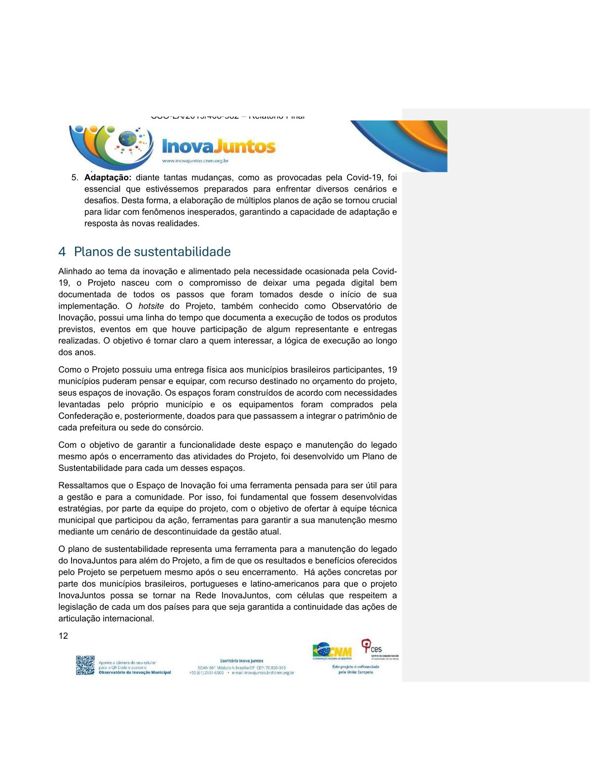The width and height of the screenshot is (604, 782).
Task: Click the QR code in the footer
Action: tap(85, 665)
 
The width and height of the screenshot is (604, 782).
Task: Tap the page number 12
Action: tap(63, 636)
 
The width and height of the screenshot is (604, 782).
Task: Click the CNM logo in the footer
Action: tap(332, 651)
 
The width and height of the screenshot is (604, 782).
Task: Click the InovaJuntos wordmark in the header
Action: tap(219, 147)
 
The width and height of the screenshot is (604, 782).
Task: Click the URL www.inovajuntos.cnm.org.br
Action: tap(195, 161)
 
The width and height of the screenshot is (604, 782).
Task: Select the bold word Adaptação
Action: tap(108, 178)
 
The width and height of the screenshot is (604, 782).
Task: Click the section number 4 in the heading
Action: tap(62, 252)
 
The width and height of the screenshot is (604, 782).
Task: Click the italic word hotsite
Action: tap(151, 306)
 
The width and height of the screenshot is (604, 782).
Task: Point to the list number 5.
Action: tap(75, 178)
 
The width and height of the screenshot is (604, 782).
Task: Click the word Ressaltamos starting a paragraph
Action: tap(83, 486)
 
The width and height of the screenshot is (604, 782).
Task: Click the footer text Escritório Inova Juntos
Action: tap(241, 661)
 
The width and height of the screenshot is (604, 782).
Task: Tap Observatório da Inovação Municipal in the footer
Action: tap(135, 672)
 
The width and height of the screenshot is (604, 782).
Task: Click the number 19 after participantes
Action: tap(392, 370)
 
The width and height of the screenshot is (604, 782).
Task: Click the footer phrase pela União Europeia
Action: tap(355, 672)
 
